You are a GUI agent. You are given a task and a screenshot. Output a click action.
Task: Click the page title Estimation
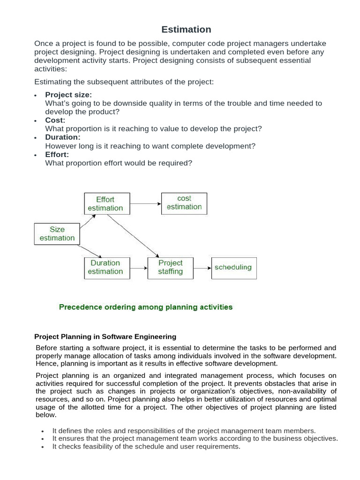(x=186, y=30)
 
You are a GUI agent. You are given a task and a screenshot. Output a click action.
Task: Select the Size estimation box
(x=57, y=233)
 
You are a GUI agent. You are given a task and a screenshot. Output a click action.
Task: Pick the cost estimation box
(x=184, y=202)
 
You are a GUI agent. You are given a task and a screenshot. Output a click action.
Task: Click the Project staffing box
(x=170, y=267)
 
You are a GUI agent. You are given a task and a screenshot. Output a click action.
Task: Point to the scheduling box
(x=233, y=267)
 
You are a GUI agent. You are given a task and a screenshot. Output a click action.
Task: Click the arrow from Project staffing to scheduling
(x=202, y=268)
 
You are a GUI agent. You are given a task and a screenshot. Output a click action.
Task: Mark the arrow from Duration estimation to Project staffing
(x=138, y=268)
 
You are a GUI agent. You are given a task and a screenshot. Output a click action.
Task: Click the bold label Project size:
(x=68, y=95)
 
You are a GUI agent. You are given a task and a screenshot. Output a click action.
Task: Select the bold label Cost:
(x=55, y=120)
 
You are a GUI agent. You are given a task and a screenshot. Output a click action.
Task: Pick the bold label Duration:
(x=63, y=137)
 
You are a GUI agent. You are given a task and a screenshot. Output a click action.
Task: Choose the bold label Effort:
(x=57, y=154)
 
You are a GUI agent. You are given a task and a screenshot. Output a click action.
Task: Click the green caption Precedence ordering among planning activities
(x=145, y=307)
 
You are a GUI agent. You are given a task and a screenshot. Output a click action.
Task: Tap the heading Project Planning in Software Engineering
(x=105, y=337)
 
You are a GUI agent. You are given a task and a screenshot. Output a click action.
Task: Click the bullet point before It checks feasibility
(x=42, y=447)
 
